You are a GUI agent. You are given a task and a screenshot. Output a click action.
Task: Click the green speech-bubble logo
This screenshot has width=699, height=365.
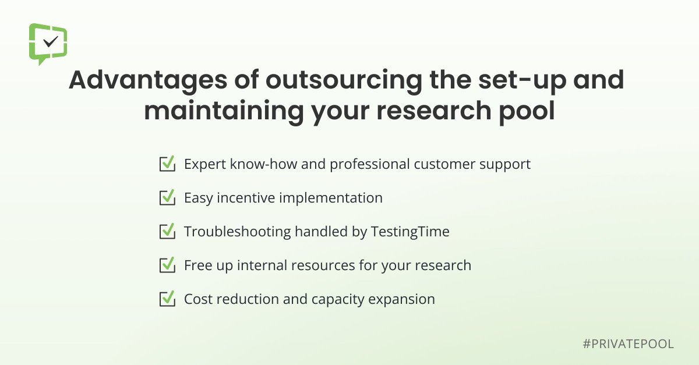pos(48,43)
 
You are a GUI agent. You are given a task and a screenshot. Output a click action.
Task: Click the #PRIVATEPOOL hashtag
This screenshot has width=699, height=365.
pos(628,344)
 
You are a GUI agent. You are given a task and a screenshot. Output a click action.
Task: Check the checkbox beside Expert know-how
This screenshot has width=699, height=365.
pos(167,164)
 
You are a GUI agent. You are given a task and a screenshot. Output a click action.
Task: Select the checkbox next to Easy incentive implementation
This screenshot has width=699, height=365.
pos(167,198)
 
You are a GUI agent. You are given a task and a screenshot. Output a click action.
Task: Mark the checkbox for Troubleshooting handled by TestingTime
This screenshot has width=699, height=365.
pos(167,232)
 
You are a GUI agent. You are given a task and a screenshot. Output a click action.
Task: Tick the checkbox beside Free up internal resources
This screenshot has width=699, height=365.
pos(167,265)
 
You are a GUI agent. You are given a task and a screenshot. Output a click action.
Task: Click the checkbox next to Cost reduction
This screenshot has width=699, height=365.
pos(167,299)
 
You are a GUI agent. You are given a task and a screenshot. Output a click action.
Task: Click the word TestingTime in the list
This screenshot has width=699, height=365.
pos(410,232)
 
